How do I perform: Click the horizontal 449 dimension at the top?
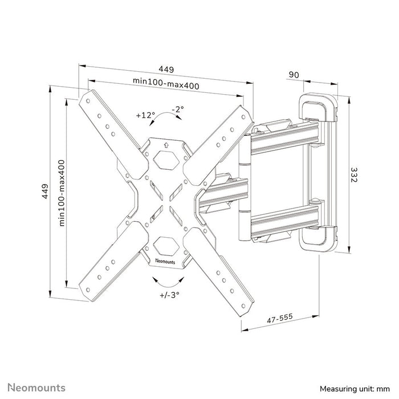166,69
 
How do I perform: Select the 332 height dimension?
354,174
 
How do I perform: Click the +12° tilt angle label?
146,115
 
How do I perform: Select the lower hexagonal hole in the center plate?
166,246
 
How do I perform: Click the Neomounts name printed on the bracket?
166,261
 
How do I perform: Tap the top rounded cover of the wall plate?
317,105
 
